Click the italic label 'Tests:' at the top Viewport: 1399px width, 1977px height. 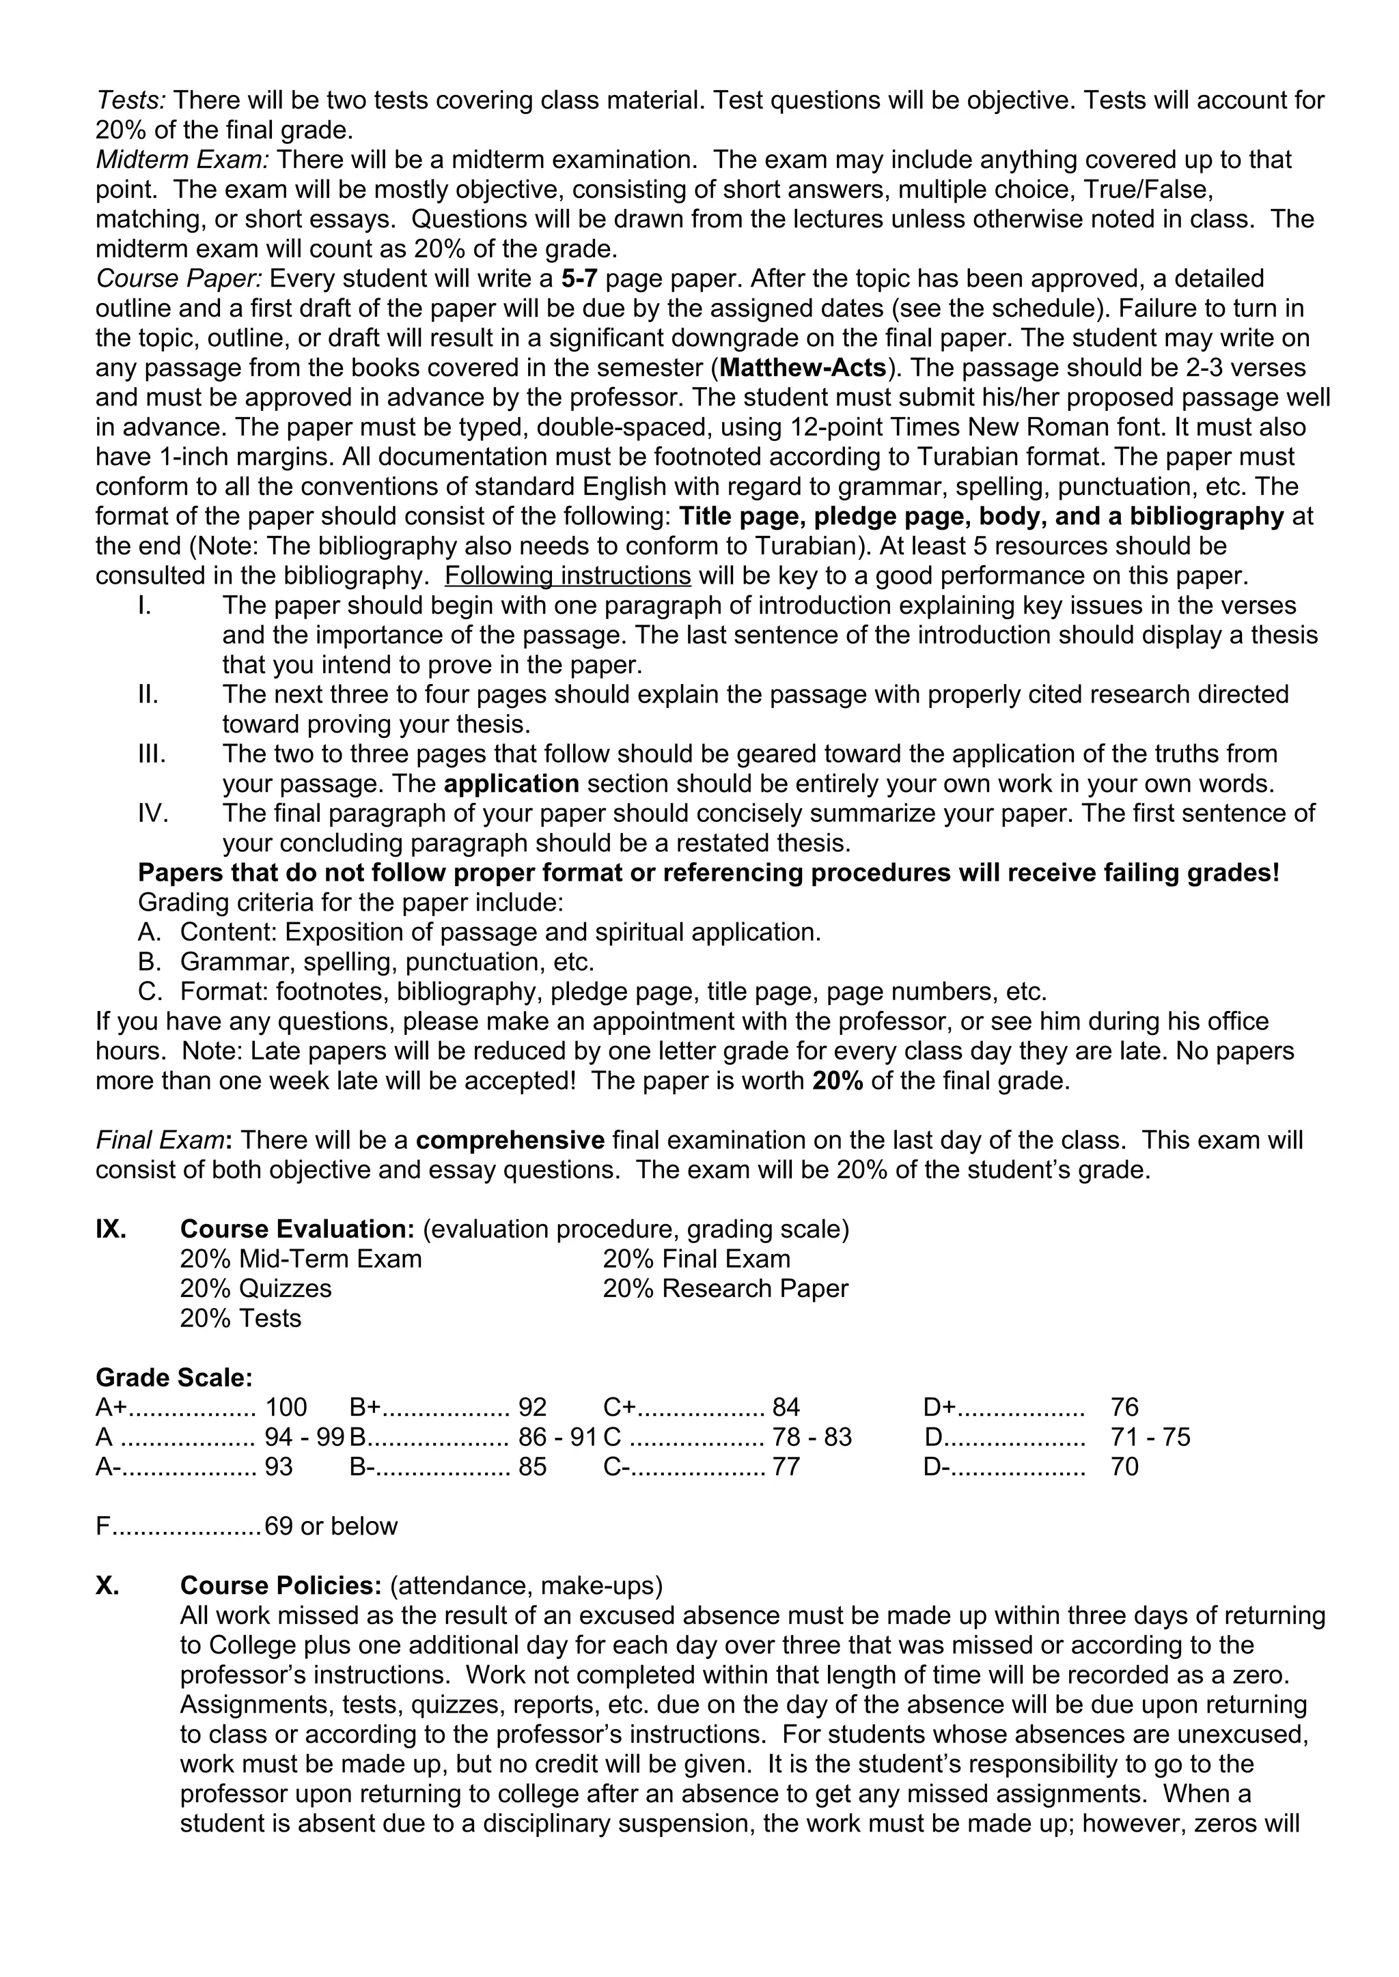[x=130, y=101]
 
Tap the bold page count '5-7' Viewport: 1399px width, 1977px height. [x=579, y=279]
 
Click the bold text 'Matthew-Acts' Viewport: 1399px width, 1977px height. [x=803, y=368]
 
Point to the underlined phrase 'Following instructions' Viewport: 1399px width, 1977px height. [x=568, y=575]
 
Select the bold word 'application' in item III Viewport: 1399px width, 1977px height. [x=512, y=784]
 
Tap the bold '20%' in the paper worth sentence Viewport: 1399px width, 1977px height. [x=837, y=1081]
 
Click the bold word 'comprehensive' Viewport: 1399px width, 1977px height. [x=510, y=1140]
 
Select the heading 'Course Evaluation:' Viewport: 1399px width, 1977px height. [x=297, y=1229]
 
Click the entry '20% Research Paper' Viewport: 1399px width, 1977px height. [x=725, y=1289]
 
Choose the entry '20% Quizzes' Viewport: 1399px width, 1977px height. [x=256, y=1289]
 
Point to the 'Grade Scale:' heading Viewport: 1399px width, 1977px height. [x=174, y=1378]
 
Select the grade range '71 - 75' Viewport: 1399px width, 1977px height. [x=1150, y=1437]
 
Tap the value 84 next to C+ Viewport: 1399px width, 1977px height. [x=786, y=1408]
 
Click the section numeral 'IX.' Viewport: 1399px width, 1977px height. [x=111, y=1229]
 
